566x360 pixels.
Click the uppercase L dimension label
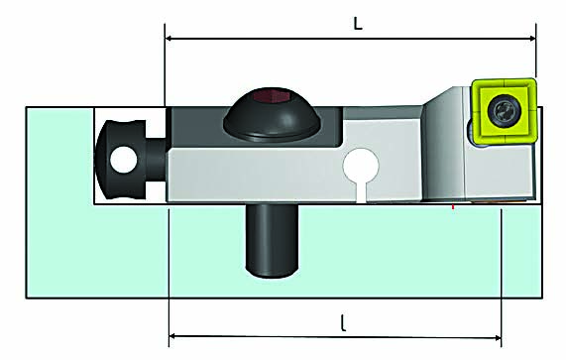point(358,23)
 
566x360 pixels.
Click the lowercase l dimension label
point(343,323)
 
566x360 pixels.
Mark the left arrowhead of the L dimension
point(170,39)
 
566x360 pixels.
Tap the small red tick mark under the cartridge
point(453,206)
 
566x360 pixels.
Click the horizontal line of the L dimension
point(297,39)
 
